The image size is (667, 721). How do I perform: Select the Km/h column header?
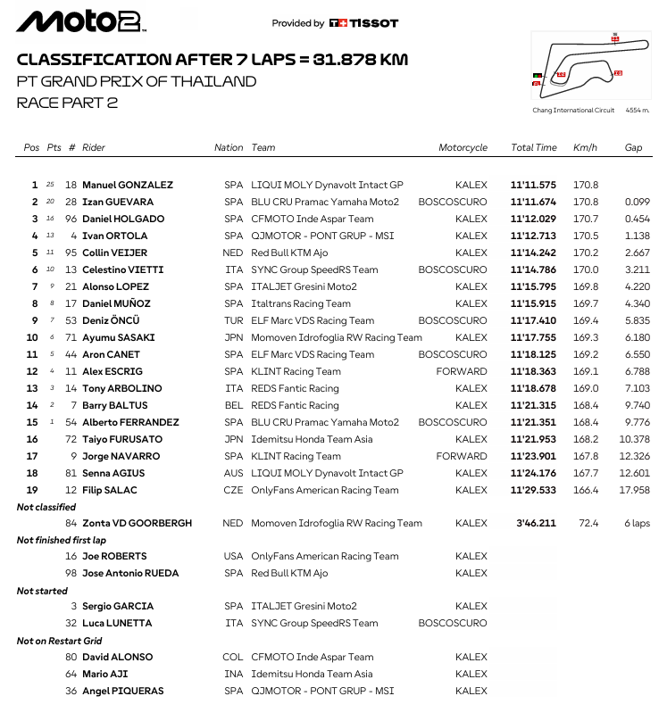586,147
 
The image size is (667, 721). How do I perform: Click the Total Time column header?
533,147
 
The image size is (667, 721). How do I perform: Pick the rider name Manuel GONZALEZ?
128,186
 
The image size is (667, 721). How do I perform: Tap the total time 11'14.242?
533,253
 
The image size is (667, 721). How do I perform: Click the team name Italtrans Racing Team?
300,304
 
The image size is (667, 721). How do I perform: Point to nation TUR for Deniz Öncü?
233,321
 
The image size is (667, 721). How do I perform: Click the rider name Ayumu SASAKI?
119,338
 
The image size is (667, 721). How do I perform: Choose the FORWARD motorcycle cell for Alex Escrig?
461,372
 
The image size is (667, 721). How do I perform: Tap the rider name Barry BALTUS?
115,406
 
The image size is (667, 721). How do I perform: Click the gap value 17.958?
634,491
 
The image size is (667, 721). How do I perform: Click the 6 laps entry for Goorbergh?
637,524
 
